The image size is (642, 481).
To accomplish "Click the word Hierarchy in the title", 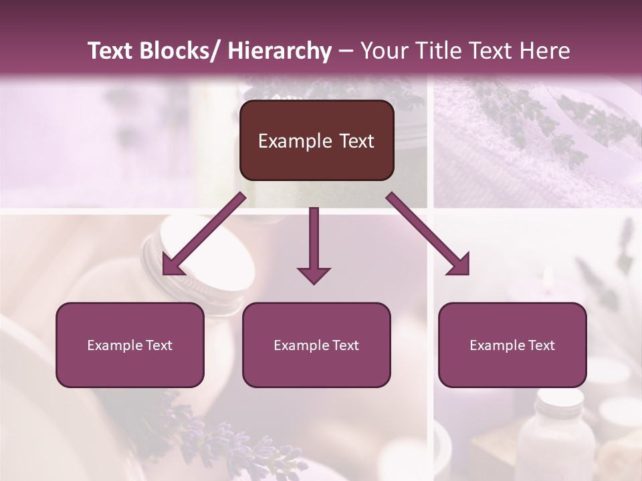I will click(280, 51).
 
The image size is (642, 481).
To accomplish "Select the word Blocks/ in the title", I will click(180, 51).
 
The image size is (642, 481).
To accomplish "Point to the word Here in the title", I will click(545, 51).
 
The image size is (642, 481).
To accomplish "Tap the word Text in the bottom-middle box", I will click(344, 345).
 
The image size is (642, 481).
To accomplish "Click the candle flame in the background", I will click(547, 279).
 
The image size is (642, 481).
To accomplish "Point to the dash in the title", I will click(346, 51).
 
